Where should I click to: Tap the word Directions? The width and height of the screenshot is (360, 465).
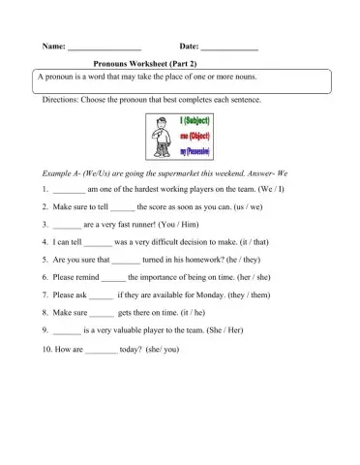pyautogui.click(x=61, y=100)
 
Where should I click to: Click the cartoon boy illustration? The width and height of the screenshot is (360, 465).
pyautogui.click(x=159, y=137)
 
